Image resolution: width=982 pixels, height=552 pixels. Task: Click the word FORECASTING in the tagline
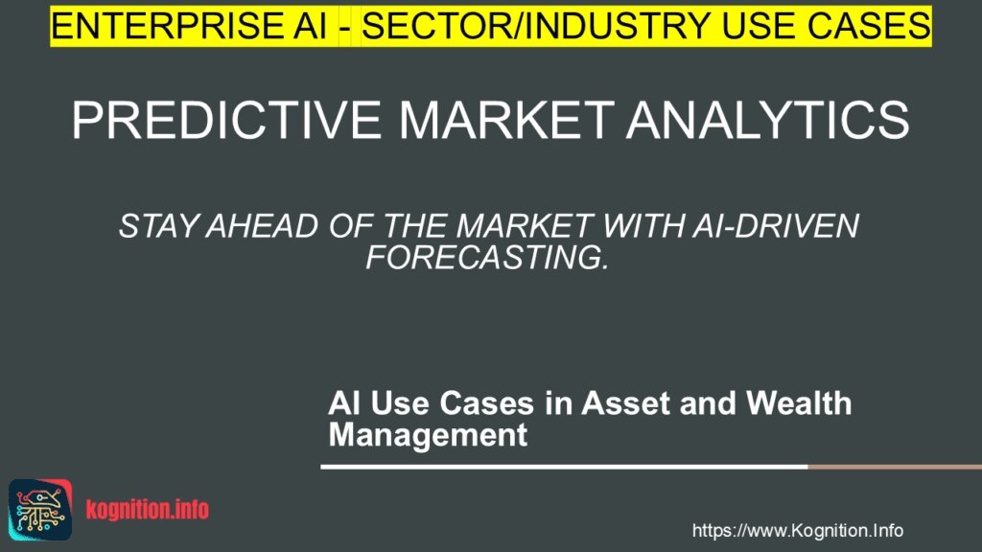[486, 257]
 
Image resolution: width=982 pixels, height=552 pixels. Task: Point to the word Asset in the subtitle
[595, 402]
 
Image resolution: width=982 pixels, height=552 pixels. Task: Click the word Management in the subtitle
[428, 435]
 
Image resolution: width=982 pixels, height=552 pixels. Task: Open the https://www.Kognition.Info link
[797, 530]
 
